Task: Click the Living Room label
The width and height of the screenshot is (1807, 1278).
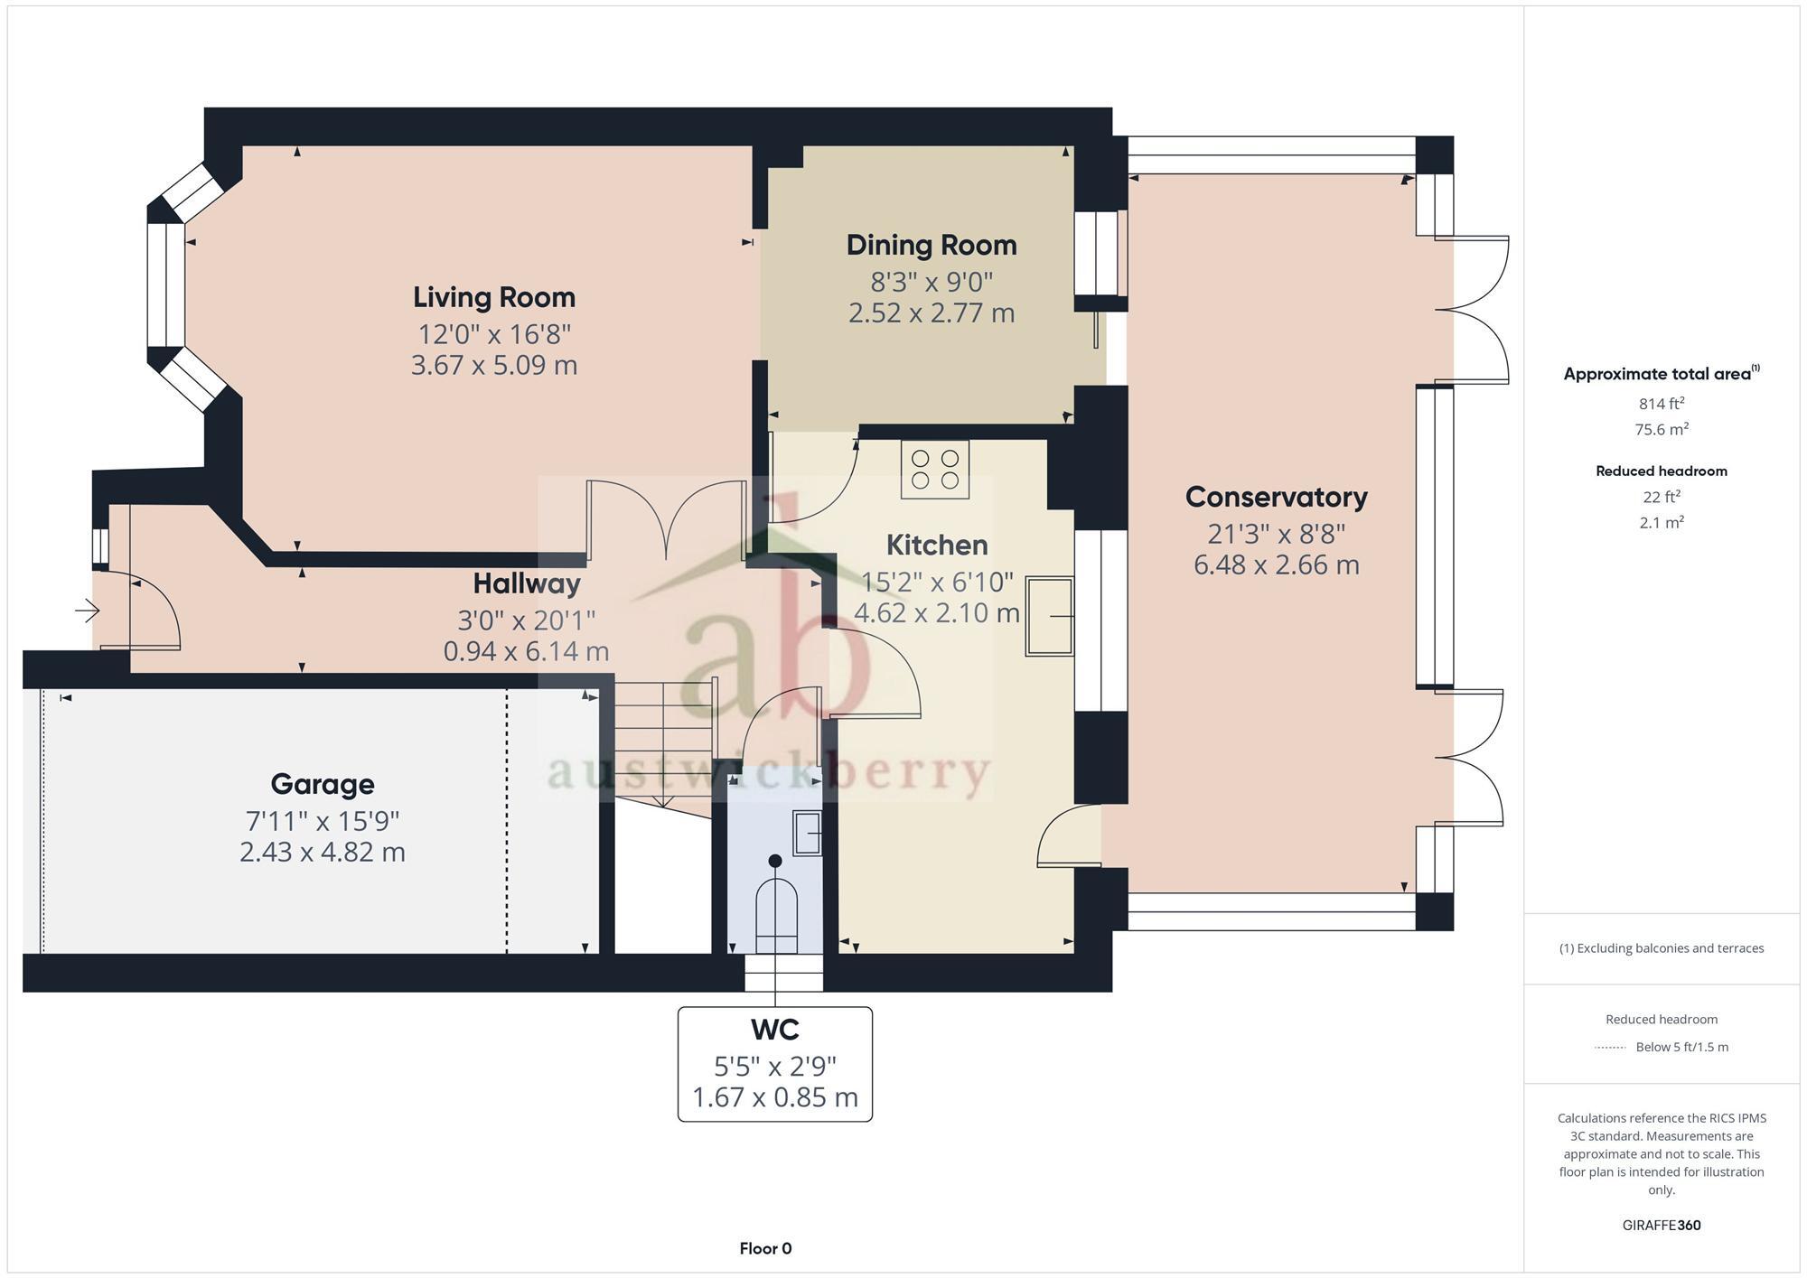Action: click(494, 297)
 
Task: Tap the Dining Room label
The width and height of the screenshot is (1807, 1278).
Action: click(932, 245)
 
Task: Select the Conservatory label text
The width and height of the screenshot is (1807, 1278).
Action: click(1276, 497)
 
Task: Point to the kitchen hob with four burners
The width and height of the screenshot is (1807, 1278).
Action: click(934, 470)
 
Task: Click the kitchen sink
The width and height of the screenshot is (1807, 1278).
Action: click(1049, 617)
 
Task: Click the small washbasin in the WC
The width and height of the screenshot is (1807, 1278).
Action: click(807, 833)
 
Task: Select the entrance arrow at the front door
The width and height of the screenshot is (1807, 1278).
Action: click(87, 611)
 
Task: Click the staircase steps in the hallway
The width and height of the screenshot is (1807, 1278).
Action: click(664, 736)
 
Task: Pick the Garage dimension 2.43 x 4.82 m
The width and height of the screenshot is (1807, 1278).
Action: click(323, 852)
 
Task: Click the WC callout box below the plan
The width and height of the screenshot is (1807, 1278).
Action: click(775, 1064)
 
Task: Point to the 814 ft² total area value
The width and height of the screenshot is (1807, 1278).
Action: click(1661, 404)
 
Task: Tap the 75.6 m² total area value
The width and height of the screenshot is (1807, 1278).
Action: click(1661, 430)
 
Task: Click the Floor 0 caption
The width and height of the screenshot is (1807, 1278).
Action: click(765, 1248)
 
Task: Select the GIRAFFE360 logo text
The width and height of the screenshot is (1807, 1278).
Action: click(1661, 1226)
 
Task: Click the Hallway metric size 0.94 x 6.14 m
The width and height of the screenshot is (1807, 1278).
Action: click(526, 651)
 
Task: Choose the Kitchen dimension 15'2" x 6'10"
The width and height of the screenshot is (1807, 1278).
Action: click(937, 582)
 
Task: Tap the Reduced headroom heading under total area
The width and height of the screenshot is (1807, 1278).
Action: click(1661, 471)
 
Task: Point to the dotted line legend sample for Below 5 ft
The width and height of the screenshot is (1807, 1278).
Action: click(1610, 1048)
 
